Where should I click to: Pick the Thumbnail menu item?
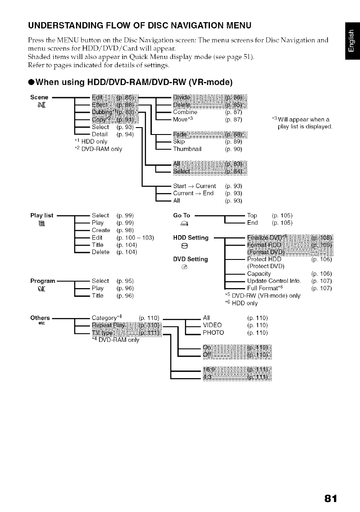187,149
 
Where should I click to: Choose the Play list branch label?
42,215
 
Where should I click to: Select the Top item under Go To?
252,215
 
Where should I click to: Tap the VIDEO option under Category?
212,325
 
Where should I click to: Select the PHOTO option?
213,333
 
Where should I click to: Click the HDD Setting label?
191,238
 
